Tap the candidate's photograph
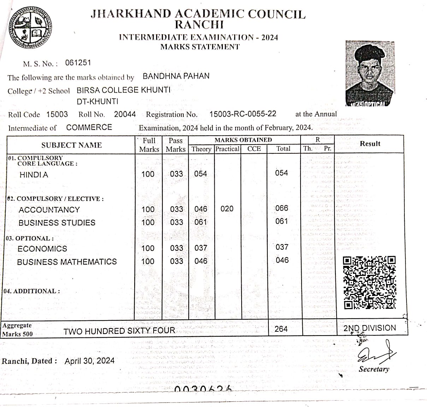point(369,73)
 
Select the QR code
point(369,282)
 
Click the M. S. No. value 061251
point(78,63)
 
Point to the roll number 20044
point(125,114)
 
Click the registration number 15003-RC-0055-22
point(243,114)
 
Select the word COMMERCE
point(89,127)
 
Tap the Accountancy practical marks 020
point(227,209)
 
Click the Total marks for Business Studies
point(281,222)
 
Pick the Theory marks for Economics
point(201,248)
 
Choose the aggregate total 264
point(281,329)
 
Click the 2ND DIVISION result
point(370,328)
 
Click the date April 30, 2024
point(90,361)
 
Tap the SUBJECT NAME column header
point(71,145)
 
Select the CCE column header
point(254,149)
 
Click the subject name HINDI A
point(34,175)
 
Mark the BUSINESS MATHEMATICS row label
point(67,262)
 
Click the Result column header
point(370,144)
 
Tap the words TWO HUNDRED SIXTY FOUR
point(119,331)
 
